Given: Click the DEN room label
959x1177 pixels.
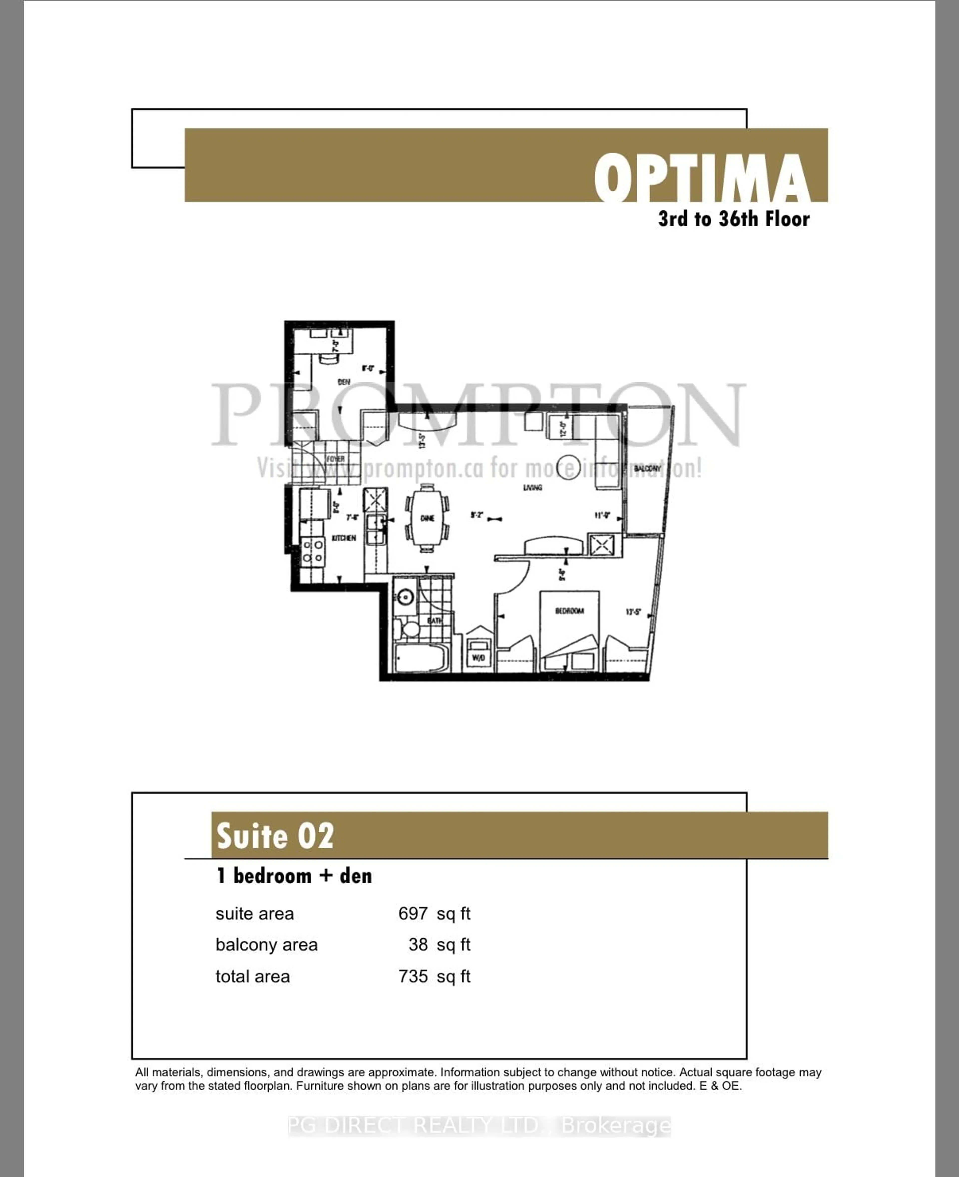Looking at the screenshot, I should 344,382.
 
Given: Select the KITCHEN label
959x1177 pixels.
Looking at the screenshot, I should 344,538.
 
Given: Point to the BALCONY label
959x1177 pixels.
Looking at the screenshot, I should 647,469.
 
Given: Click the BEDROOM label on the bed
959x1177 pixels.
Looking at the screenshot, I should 569,610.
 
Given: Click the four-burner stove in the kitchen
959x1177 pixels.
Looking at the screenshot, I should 313,552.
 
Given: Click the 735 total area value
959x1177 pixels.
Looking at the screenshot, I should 413,976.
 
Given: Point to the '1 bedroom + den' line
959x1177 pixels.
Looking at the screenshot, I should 294,876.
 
